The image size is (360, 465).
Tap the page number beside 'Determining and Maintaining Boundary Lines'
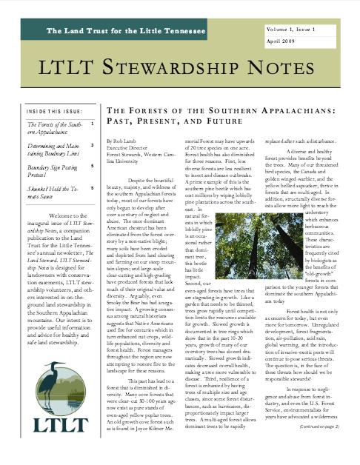(x=90, y=147)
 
